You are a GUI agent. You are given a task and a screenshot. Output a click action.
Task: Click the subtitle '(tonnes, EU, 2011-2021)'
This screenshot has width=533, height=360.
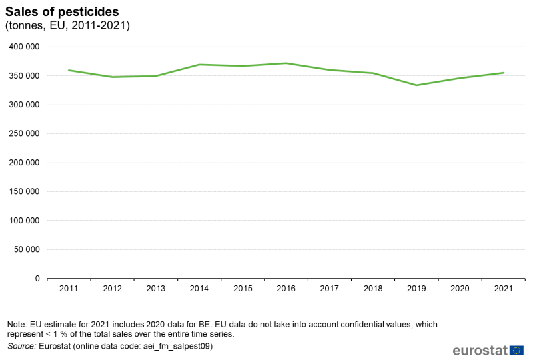(x=67, y=26)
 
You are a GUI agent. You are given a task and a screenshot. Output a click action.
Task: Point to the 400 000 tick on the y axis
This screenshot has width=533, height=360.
(x=25, y=47)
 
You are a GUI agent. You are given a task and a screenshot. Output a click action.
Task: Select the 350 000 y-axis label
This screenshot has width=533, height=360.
(x=25, y=76)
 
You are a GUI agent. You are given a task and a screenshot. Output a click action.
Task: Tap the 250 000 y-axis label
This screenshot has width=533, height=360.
(x=25, y=134)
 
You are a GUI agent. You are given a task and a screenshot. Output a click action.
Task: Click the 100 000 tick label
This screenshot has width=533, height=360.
(x=25, y=221)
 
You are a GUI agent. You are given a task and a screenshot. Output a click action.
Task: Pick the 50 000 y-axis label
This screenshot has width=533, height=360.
(x=27, y=250)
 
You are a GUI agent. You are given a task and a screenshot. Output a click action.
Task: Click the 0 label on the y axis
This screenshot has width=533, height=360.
(x=37, y=279)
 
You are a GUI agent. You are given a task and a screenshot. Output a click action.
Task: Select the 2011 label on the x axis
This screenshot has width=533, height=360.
(x=69, y=289)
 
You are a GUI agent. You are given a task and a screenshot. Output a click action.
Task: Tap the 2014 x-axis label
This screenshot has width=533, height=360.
(x=199, y=289)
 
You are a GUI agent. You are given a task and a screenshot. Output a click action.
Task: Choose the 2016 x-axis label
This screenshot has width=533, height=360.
(x=286, y=289)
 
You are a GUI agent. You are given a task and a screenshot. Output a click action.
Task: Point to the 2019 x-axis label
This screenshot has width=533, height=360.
(x=416, y=289)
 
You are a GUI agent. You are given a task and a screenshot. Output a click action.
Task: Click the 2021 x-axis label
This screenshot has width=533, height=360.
(x=503, y=289)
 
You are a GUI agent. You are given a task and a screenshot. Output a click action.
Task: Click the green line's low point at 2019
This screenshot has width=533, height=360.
(x=416, y=85)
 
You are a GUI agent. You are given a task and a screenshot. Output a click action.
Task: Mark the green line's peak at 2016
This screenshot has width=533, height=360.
(x=286, y=63)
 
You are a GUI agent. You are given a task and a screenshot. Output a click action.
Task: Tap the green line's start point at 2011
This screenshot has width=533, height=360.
(x=69, y=70)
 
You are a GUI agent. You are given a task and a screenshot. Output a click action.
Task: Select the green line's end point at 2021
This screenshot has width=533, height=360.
(x=503, y=73)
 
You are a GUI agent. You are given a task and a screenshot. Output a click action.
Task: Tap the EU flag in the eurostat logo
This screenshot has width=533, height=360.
(x=516, y=350)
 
